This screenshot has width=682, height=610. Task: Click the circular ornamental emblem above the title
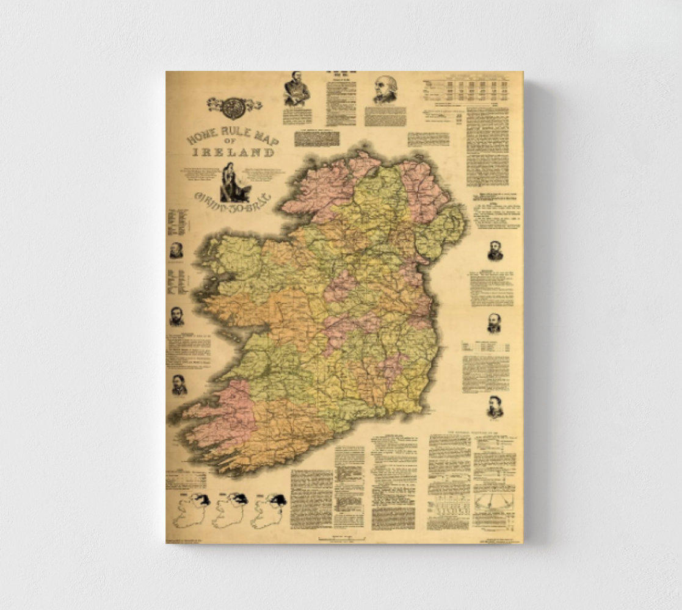233,107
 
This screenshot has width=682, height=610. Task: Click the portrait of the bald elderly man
385,90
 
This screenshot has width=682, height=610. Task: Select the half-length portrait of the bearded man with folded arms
297,89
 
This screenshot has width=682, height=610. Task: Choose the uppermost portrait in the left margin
176,250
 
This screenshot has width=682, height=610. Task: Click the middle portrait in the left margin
177,316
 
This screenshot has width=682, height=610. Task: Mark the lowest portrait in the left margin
179,385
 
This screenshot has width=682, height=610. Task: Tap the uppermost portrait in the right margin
495,251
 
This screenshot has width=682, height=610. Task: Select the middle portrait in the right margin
494,323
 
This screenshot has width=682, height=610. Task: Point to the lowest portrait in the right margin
495,407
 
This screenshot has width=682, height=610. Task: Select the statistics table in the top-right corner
465,91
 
